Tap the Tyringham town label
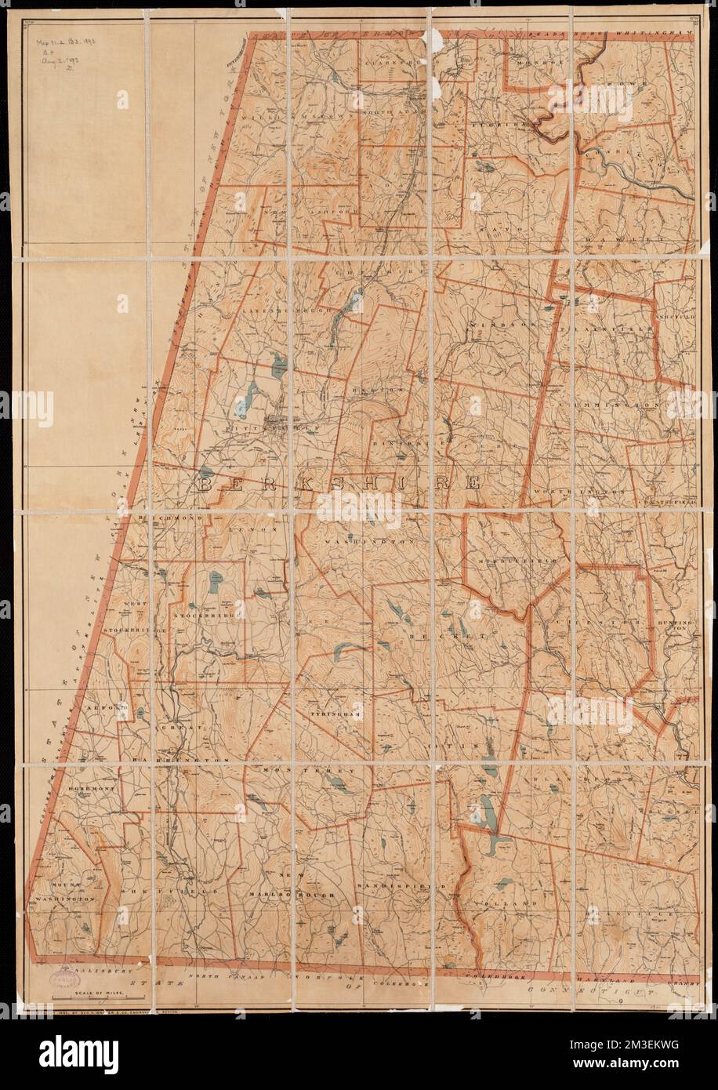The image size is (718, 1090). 333,715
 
